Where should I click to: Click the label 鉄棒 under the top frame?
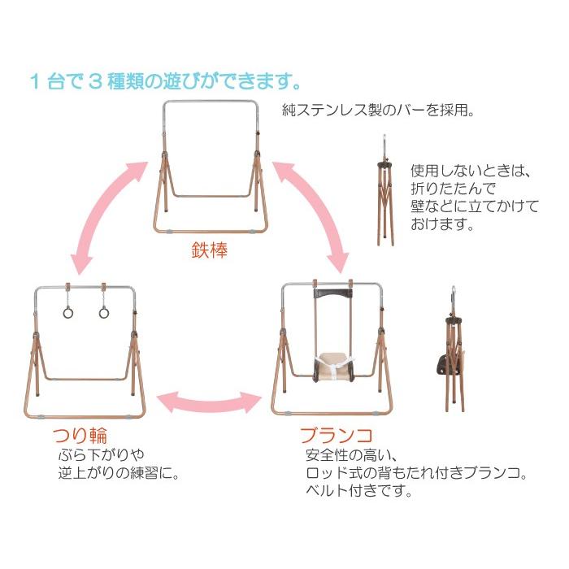(210, 250)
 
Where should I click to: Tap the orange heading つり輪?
(80, 436)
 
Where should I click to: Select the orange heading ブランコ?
(337, 436)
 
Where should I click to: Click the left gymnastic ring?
(67, 312)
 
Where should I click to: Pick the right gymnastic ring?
(104, 312)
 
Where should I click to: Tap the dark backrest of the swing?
(333, 293)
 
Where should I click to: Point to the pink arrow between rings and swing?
(210, 402)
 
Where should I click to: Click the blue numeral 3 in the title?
(95, 81)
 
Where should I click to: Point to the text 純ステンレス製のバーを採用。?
(378, 110)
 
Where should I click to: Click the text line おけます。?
(442, 224)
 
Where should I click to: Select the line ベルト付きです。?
(359, 491)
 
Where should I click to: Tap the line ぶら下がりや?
(102, 454)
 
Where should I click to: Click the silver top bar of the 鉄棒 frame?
(211, 102)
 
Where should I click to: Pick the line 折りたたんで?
(454, 189)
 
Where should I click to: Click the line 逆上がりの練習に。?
(119, 473)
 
